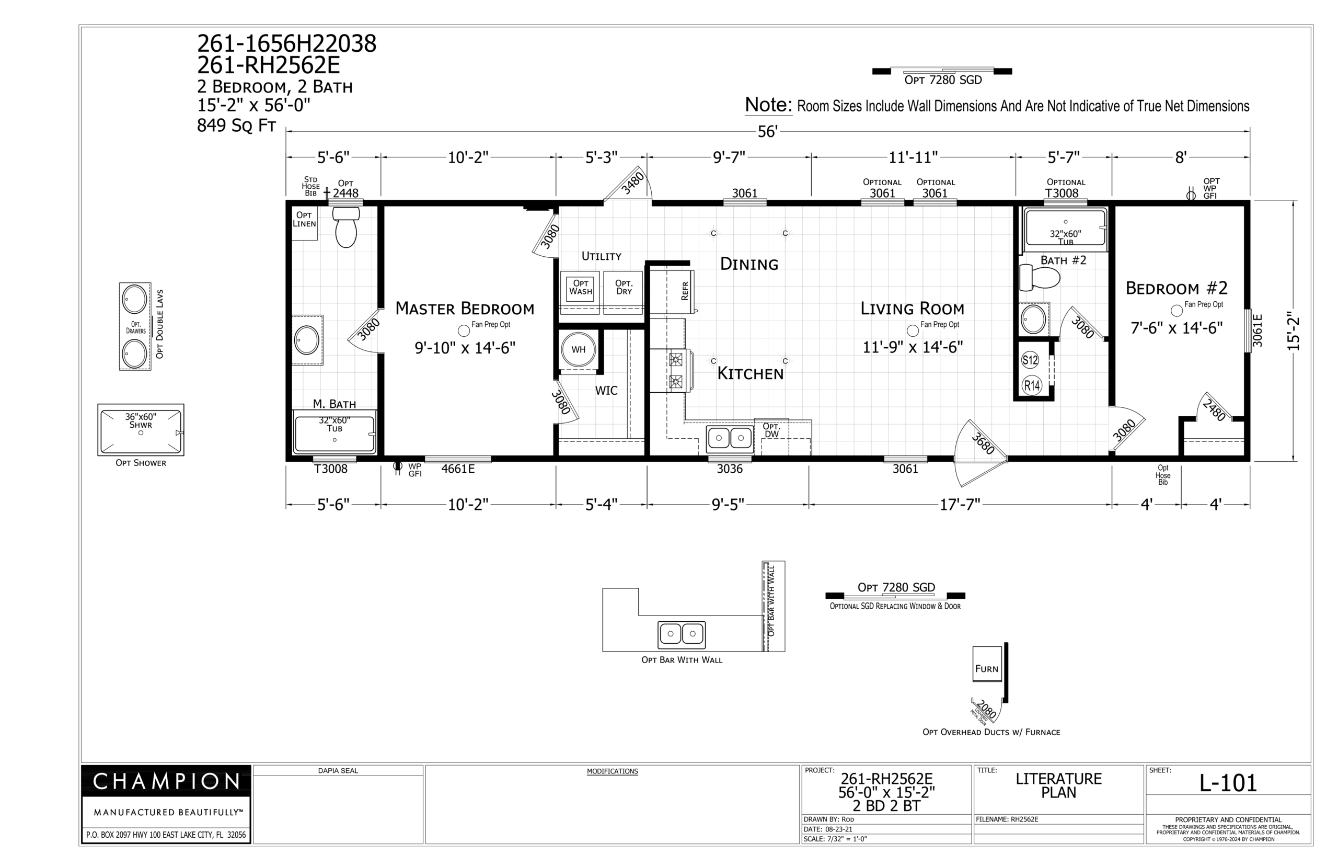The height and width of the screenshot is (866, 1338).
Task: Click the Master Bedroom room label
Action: (465, 308)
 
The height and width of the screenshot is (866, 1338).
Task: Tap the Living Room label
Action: (912, 308)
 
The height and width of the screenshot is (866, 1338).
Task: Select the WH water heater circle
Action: (578, 349)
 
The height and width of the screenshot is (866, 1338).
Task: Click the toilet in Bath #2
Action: (1040, 278)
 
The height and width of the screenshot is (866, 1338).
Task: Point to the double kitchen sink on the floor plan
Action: (730, 438)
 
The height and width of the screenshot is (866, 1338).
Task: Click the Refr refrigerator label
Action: (685, 291)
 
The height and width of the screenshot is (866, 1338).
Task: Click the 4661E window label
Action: (458, 469)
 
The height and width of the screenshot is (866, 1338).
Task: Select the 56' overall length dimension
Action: (768, 132)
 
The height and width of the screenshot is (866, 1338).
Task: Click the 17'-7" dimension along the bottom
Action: (960, 505)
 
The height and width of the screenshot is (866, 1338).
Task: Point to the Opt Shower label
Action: (141, 463)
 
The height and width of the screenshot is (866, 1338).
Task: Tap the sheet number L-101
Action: (1228, 783)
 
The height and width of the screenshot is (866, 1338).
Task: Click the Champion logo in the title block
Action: (166, 781)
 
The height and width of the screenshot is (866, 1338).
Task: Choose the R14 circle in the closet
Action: (1032, 385)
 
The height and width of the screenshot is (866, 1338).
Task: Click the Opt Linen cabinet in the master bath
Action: (304, 223)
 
